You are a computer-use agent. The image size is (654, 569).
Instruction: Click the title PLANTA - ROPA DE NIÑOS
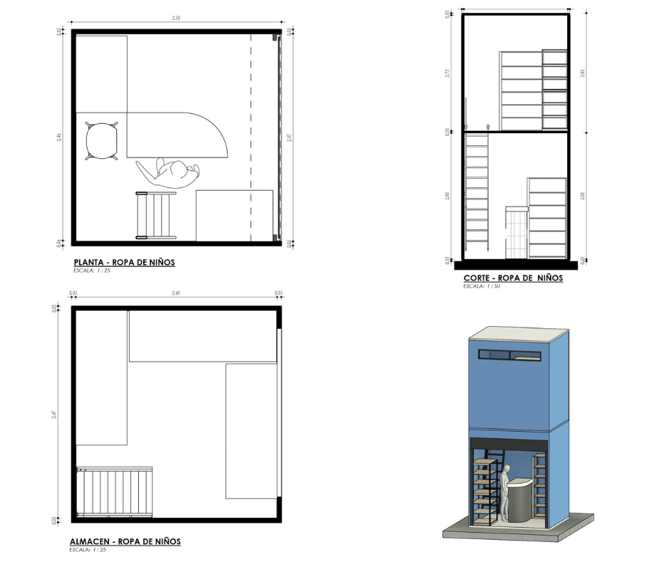point(124,263)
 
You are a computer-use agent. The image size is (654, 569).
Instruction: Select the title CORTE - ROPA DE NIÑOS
point(513,278)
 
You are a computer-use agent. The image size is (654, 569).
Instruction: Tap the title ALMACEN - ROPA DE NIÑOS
point(125,542)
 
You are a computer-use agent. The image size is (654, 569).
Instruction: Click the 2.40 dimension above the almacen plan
point(175,293)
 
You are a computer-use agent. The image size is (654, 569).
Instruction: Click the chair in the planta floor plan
point(100,141)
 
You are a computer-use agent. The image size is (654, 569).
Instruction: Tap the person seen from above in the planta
point(170,174)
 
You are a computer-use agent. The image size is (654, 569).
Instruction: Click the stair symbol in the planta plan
point(156,214)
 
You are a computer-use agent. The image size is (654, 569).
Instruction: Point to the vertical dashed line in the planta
point(251,135)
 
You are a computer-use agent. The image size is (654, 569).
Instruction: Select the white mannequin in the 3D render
point(504,491)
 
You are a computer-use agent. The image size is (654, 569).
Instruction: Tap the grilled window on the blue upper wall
point(511,354)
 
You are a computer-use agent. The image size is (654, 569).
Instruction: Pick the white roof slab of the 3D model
point(519,333)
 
